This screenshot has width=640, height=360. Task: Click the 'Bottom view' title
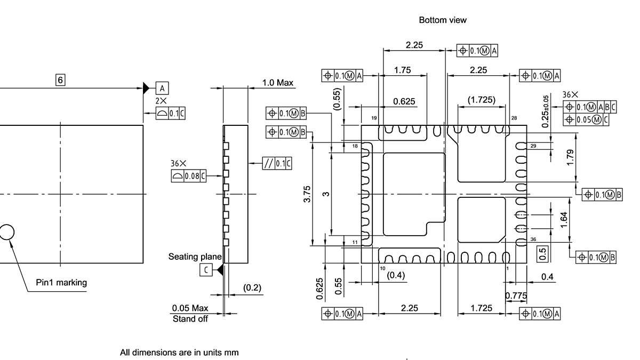tap(442, 20)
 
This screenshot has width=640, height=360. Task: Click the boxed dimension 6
tap(60, 80)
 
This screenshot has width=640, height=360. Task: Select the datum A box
tap(162, 88)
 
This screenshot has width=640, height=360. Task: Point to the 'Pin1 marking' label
tap(61, 283)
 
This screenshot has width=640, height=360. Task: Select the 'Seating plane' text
tap(195, 257)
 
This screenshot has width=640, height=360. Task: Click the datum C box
tap(206, 270)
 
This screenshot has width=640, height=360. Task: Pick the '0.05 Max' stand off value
tap(190, 308)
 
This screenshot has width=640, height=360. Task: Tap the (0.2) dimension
tap(252, 288)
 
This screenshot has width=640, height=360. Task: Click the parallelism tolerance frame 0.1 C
tap(277, 164)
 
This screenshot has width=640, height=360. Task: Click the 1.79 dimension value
tap(571, 158)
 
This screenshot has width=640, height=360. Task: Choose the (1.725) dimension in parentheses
tap(481, 100)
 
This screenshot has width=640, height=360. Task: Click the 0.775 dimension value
tap(516, 296)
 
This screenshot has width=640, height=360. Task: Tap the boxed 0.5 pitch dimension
tap(543, 254)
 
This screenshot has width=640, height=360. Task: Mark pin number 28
tap(514, 118)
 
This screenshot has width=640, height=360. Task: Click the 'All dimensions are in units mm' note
tap(179, 353)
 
